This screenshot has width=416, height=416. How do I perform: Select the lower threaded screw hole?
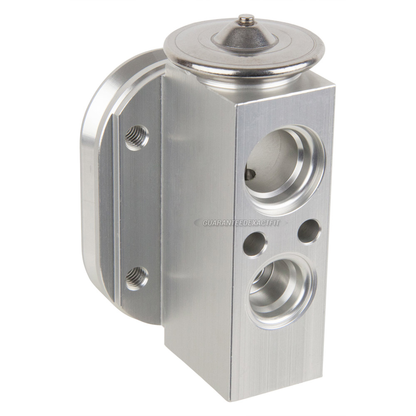pyautogui.click(x=136, y=278)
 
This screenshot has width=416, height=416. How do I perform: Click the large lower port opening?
pyautogui.click(x=282, y=290)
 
